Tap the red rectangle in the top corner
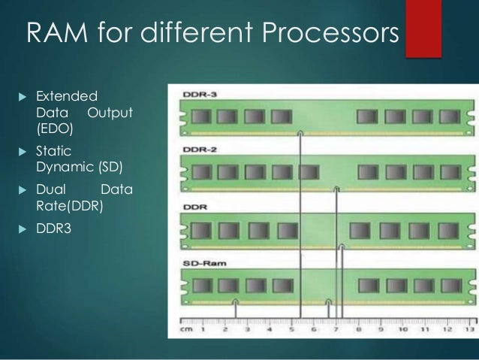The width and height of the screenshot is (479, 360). click(x=422, y=28)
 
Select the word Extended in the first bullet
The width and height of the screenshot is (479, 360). click(x=67, y=96)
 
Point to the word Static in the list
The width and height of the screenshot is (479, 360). click(x=54, y=151)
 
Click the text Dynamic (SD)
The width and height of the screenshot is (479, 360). click(x=78, y=166)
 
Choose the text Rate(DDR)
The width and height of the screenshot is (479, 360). click(x=68, y=205)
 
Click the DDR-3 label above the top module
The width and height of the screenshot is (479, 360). click(x=197, y=96)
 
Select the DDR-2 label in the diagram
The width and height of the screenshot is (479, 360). click(x=197, y=150)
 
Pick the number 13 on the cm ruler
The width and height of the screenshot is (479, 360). click(x=469, y=329)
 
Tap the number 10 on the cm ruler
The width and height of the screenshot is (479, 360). click(x=403, y=329)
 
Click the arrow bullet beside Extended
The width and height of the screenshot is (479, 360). click(x=21, y=97)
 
